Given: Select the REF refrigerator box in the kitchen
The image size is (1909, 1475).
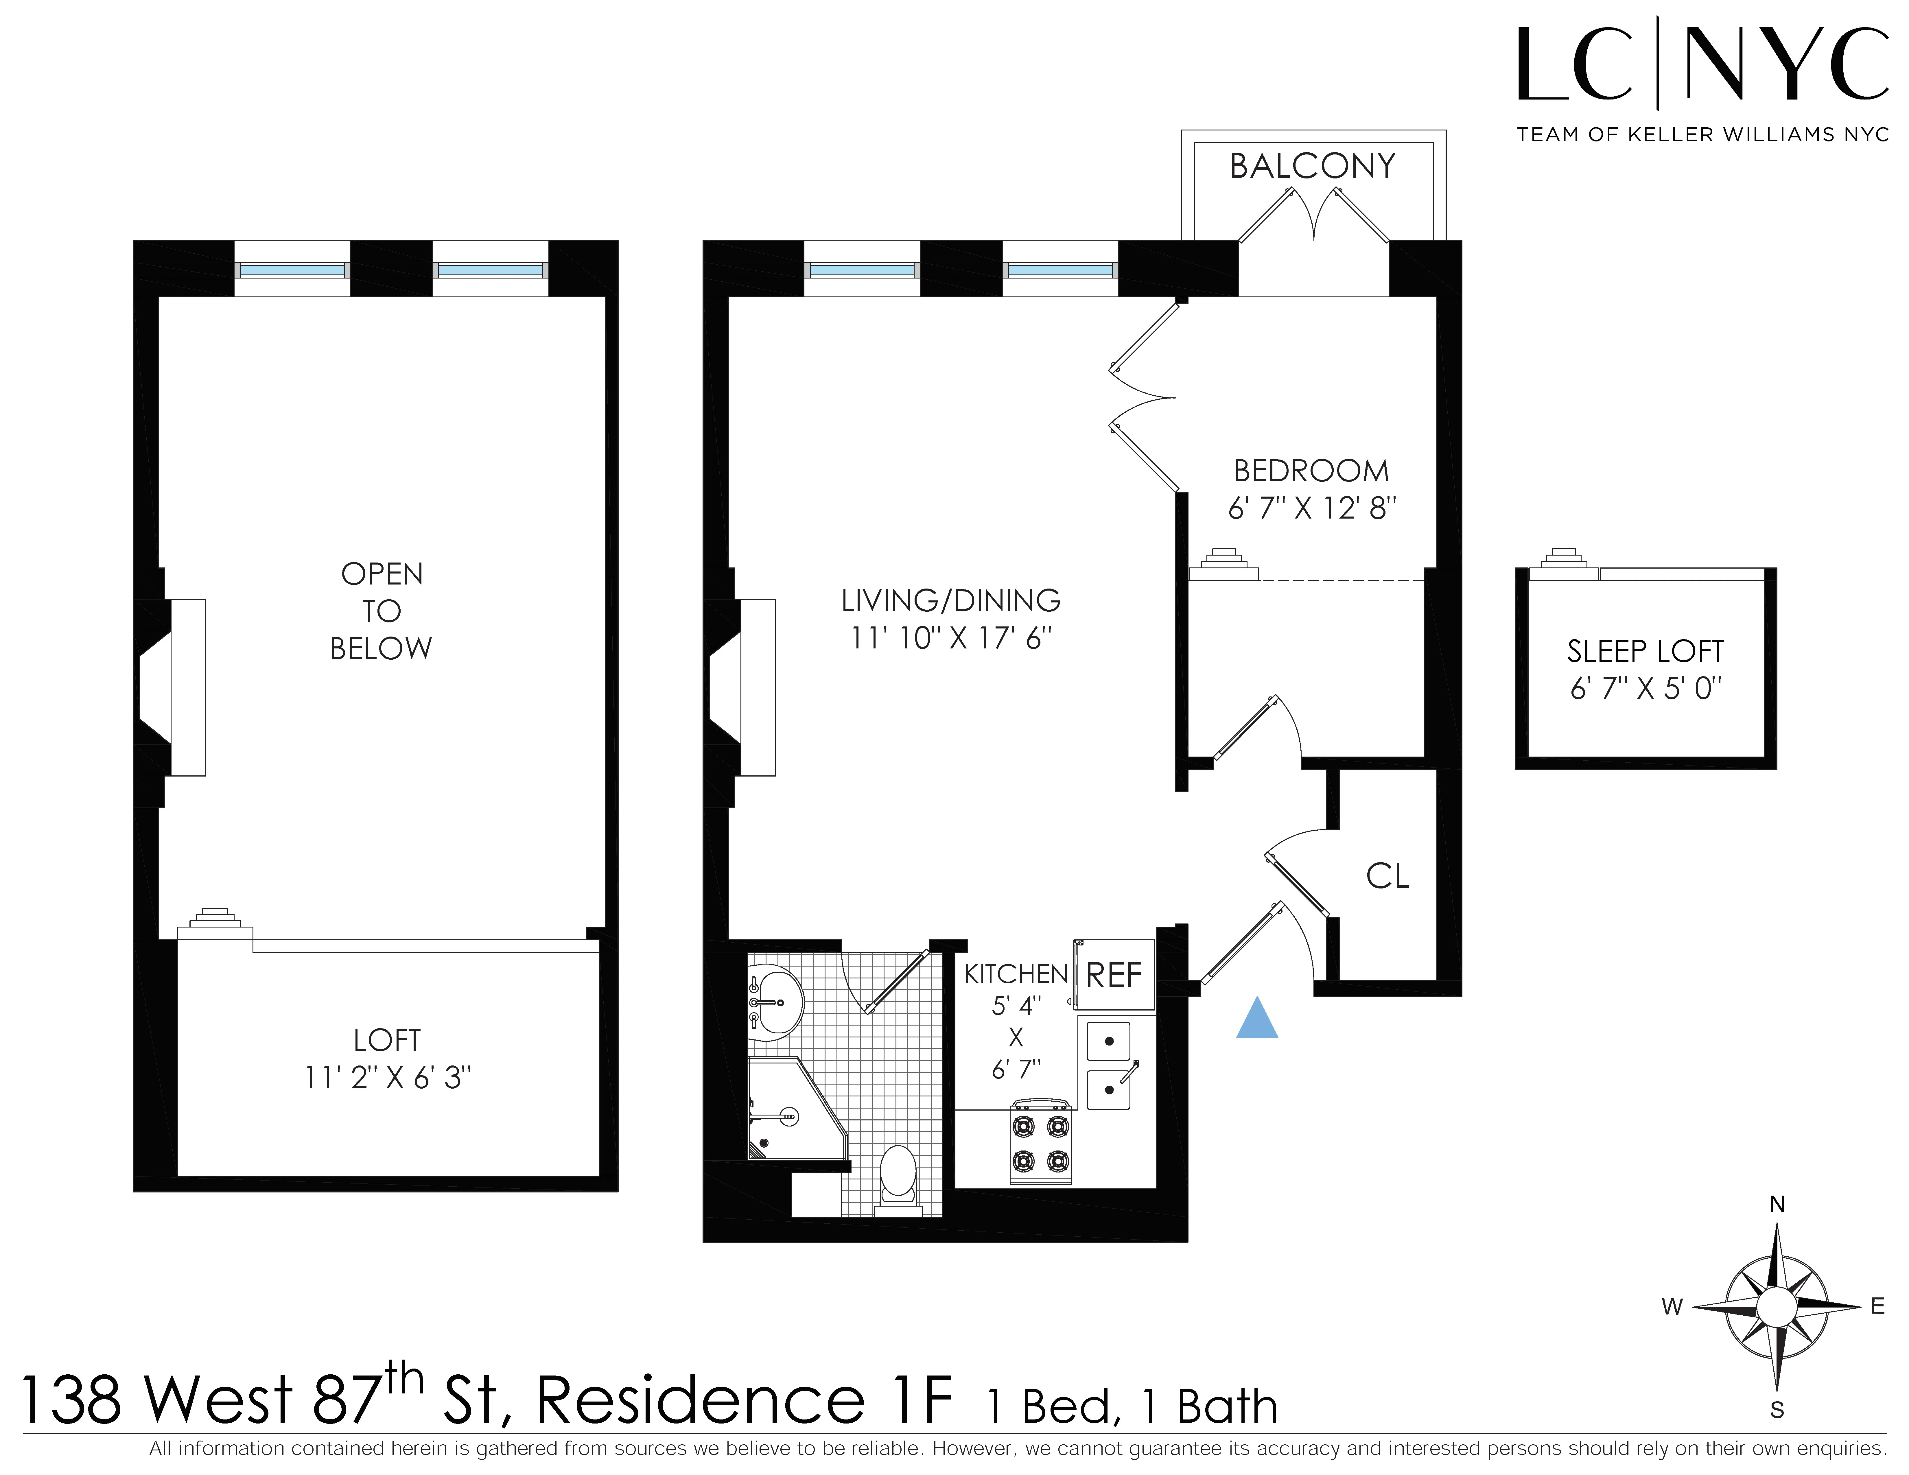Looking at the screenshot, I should [1114, 975].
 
